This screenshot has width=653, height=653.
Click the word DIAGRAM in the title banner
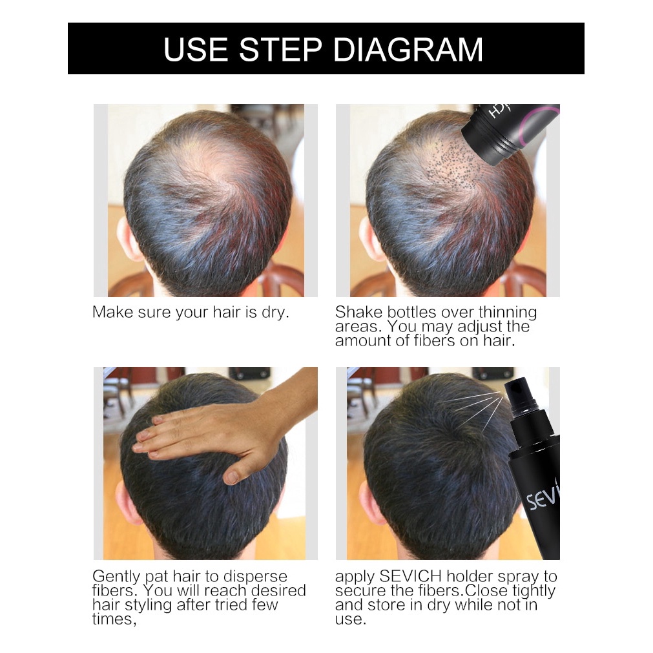pyautogui.click(x=408, y=50)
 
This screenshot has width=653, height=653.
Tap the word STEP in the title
pyautogui.click(x=281, y=50)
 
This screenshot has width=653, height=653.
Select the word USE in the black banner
pyautogui.click(x=196, y=50)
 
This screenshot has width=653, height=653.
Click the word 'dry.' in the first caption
pyautogui.click(x=275, y=313)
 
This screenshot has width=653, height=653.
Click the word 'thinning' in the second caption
pyautogui.click(x=508, y=313)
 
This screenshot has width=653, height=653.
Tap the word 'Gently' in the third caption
pyautogui.click(x=116, y=577)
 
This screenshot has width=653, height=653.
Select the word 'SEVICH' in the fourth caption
pyautogui.click(x=410, y=576)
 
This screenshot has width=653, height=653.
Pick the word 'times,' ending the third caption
pyautogui.click(x=114, y=619)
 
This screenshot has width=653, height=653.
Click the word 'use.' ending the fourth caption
pyautogui.click(x=351, y=619)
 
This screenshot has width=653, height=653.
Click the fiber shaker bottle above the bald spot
pyautogui.click(x=510, y=130)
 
